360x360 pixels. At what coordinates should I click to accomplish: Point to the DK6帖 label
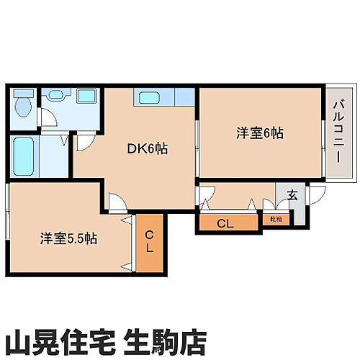click(x=148, y=149)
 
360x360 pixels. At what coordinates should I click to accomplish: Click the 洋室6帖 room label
click(x=260, y=133)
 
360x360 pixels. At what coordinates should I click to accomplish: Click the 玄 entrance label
click(x=292, y=194)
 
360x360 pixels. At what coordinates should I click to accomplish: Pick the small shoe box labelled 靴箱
click(x=276, y=218)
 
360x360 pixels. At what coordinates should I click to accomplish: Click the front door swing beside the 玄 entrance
click(x=317, y=194)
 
